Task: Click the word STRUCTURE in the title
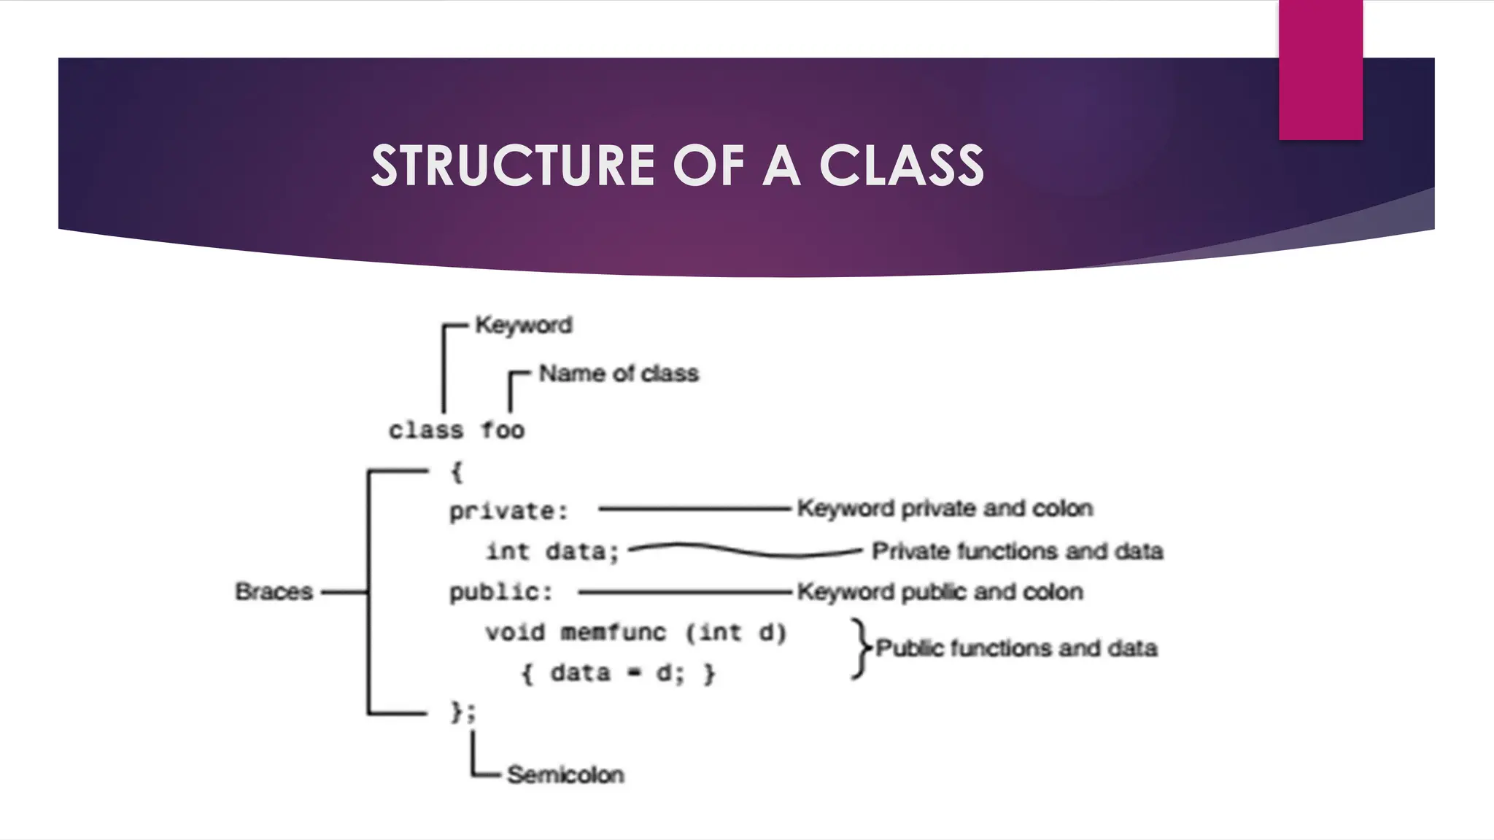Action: [514, 166]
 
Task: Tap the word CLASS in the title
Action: [902, 166]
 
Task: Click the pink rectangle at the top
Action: [1320, 70]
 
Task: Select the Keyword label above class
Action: [523, 325]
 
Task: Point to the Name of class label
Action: [619, 373]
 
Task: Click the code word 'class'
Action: [425, 430]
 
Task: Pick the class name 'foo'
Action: [503, 430]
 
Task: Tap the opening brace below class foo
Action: [457, 472]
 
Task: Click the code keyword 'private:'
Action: [508, 511]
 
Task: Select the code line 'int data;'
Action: [552, 551]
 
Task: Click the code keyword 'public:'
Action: [500, 592]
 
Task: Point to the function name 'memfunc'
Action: [614, 632]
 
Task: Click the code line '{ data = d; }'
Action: [618, 673]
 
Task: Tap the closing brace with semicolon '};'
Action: [462, 712]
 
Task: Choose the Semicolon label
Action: [565, 774]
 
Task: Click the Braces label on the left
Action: [274, 591]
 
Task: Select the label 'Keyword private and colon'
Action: [945, 508]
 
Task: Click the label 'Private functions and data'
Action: [1017, 551]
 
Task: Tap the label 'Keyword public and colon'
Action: [940, 592]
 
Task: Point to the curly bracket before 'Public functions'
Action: [861, 648]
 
